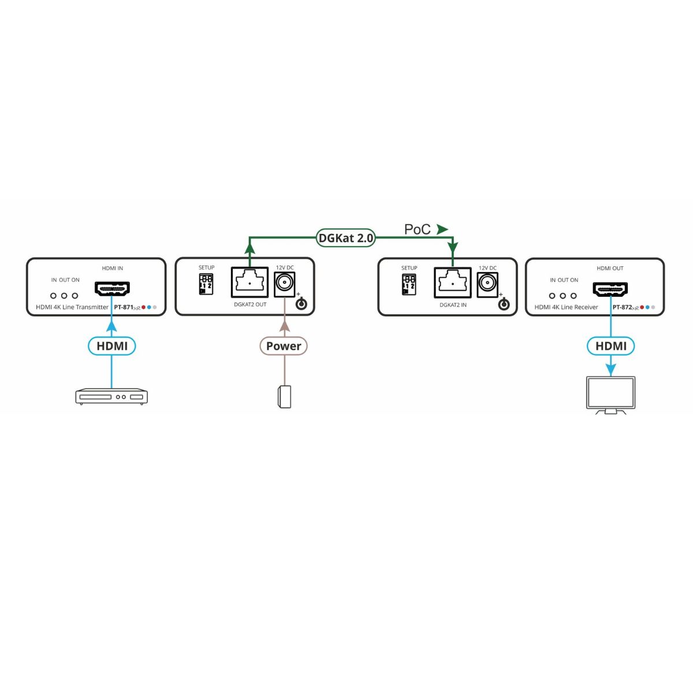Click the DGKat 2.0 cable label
point(346,238)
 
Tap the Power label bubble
point(283,346)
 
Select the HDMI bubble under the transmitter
point(112,346)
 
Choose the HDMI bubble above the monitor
point(610,346)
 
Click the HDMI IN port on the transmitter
point(112,288)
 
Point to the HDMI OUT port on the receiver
point(610,289)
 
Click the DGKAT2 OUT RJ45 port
point(249,282)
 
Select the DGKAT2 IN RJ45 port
point(453,283)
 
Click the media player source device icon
point(111,396)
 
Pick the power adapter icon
point(284,397)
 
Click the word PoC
point(417,229)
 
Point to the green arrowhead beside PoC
point(442,229)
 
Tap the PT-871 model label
point(124,307)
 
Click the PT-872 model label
point(622,307)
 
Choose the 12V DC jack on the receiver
point(487,284)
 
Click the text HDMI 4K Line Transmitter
point(72,307)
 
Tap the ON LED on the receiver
point(573,296)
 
